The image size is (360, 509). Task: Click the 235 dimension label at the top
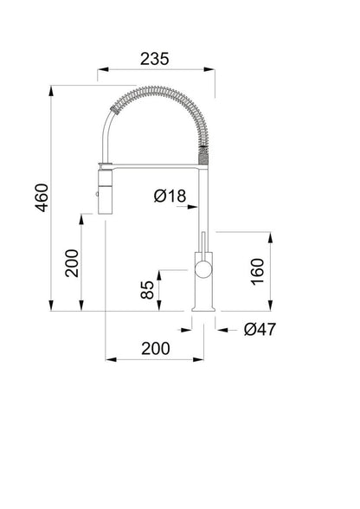pos(155,59)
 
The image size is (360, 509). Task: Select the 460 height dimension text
pos(42,197)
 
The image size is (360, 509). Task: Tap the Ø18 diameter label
pos(170,196)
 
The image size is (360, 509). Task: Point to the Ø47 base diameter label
pos(260,330)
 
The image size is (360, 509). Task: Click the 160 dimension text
pos(257,272)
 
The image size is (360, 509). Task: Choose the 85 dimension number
pos(147,289)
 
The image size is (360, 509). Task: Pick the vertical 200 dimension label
pos(72,263)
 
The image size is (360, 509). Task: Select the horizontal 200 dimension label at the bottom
pos(156,349)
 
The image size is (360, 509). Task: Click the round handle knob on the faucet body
pos(202,269)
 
